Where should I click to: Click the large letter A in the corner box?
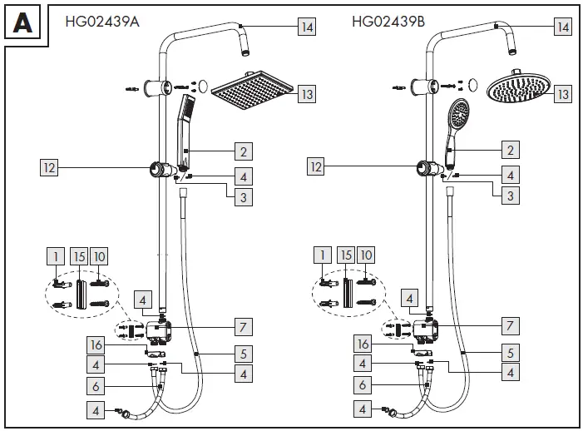pyautogui.click(x=22, y=22)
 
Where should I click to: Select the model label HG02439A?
pyautogui.click(x=101, y=22)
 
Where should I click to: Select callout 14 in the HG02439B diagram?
pyautogui.click(x=564, y=27)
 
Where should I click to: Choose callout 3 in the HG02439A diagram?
pyautogui.click(x=242, y=196)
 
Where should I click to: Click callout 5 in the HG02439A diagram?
pyautogui.click(x=242, y=353)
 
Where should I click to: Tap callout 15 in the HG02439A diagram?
pyautogui.click(x=78, y=256)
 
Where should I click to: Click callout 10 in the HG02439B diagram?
pyautogui.click(x=368, y=256)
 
